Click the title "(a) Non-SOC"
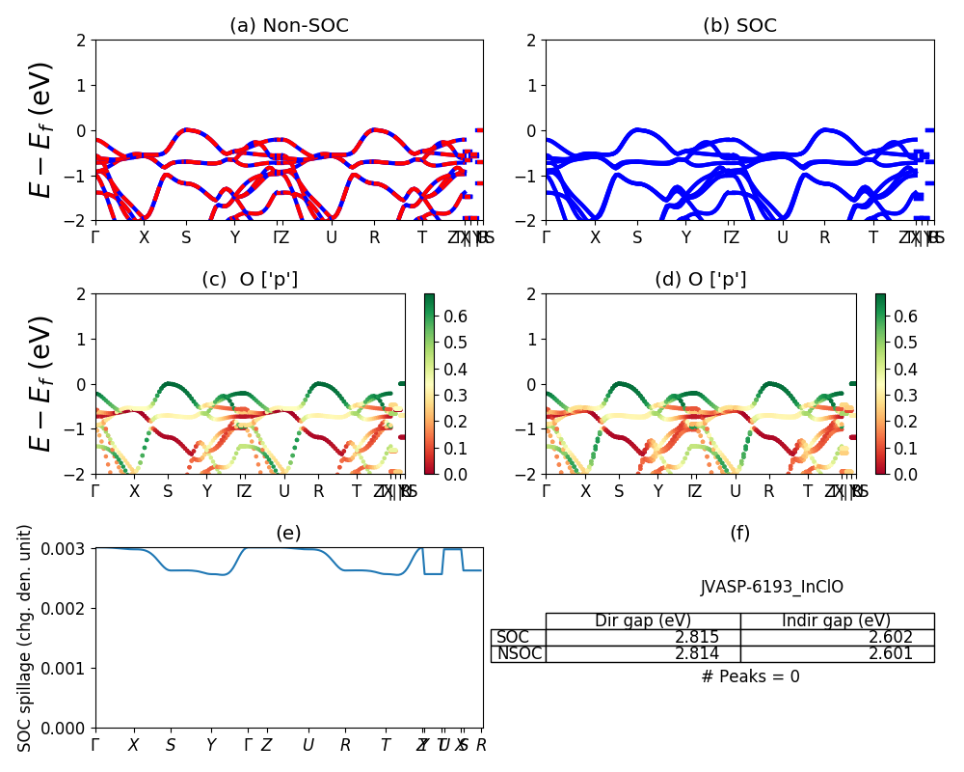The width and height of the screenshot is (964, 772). click(289, 26)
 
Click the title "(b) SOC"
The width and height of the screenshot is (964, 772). click(739, 26)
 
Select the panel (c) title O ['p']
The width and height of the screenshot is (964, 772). click(250, 280)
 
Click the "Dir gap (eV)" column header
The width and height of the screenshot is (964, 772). click(643, 620)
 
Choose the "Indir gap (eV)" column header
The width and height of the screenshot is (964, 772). click(837, 620)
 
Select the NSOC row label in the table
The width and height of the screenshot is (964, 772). click(519, 654)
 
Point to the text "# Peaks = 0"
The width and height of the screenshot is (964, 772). click(751, 676)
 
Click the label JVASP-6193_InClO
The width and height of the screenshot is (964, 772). click(771, 587)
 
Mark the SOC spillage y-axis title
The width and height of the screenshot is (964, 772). click(26, 638)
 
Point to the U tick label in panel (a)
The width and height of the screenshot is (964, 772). click(332, 238)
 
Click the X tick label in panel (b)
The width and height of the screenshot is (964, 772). click(595, 238)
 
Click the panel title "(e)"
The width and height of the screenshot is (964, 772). click(288, 534)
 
